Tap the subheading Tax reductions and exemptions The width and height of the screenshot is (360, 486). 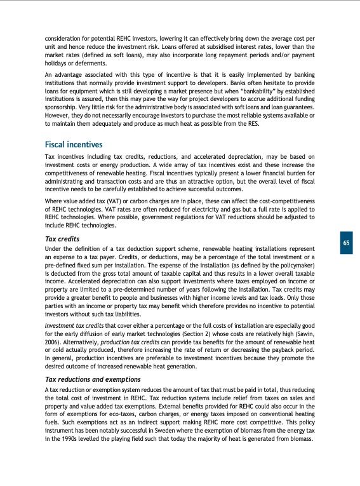click(92, 379)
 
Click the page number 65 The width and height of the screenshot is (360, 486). click(345, 243)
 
